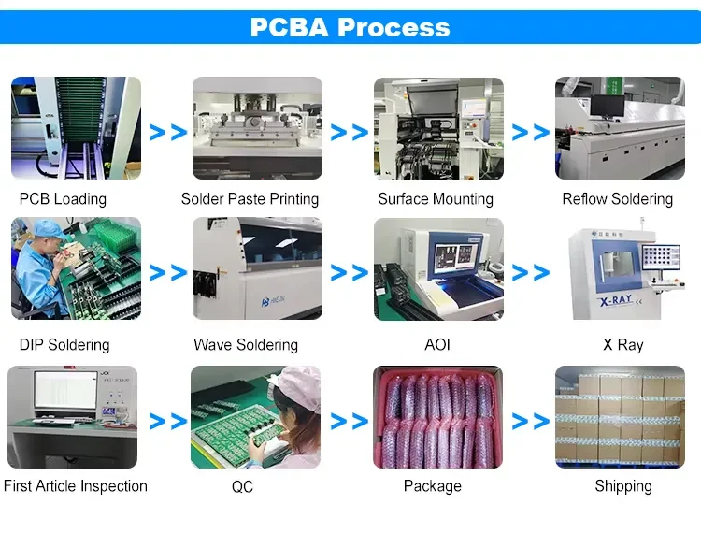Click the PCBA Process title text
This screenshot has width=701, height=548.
pyautogui.click(x=350, y=27)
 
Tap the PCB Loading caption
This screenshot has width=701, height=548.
pyautogui.click(x=63, y=199)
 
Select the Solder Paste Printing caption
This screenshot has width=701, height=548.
pyautogui.click(x=250, y=199)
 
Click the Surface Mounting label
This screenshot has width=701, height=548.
pyautogui.click(x=436, y=199)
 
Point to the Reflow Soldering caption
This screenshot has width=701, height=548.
pyautogui.click(x=617, y=199)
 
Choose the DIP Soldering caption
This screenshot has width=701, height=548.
pyautogui.click(x=64, y=345)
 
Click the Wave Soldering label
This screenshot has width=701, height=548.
pyautogui.click(x=246, y=345)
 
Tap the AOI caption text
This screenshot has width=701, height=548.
pyautogui.click(x=436, y=345)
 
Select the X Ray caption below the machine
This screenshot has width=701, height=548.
pyautogui.click(x=622, y=345)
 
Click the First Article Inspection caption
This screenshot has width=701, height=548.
pyautogui.click(x=76, y=486)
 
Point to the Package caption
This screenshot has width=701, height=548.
pyautogui.click(x=432, y=486)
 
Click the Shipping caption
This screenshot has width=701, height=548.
pyautogui.click(x=622, y=486)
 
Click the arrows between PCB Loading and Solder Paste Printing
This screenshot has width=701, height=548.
pyautogui.click(x=168, y=132)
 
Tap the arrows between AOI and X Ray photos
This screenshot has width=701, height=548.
pyautogui.click(x=530, y=273)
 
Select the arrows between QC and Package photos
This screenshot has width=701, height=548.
pyautogui.click(x=350, y=421)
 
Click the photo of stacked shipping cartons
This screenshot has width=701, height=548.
pyautogui.click(x=620, y=417)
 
